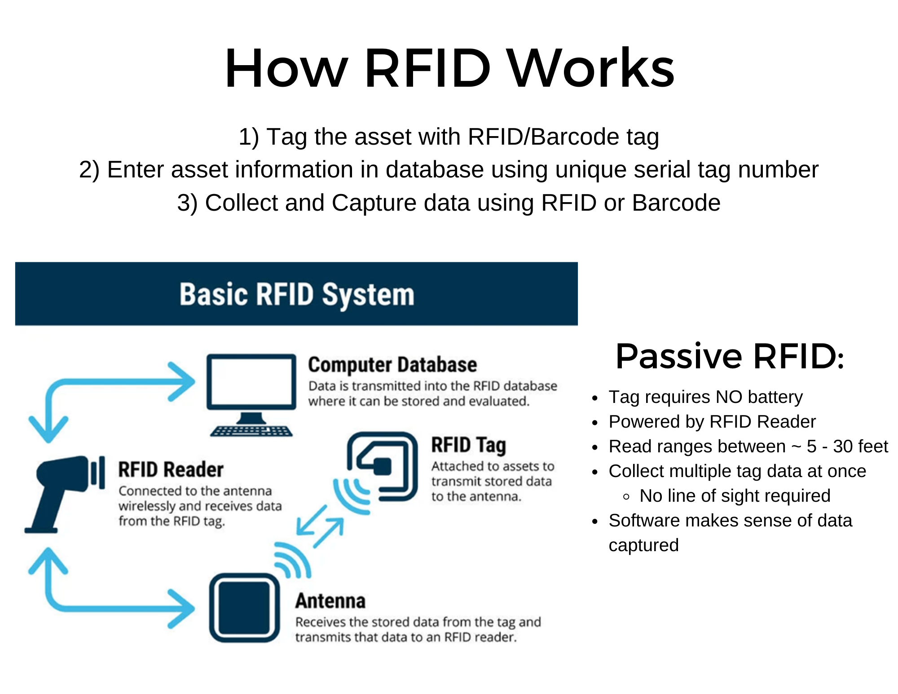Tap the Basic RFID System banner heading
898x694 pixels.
pos(297,294)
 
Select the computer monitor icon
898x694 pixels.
pos(251,382)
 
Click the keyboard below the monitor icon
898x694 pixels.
pos(251,431)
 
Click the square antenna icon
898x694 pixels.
pos(244,607)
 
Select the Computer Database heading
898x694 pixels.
pos(392,365)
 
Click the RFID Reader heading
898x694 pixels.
pos(171,470)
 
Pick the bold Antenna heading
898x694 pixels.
pos(330,601)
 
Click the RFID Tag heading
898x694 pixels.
pos(468,445)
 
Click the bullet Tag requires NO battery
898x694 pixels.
pos(705,397)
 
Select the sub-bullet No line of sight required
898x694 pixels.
pos(735,496)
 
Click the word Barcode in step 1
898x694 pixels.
pos(575,137)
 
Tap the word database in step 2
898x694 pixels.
pos(434,170)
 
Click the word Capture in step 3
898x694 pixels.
pos(374,203)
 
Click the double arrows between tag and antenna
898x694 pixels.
pos(320,526)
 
